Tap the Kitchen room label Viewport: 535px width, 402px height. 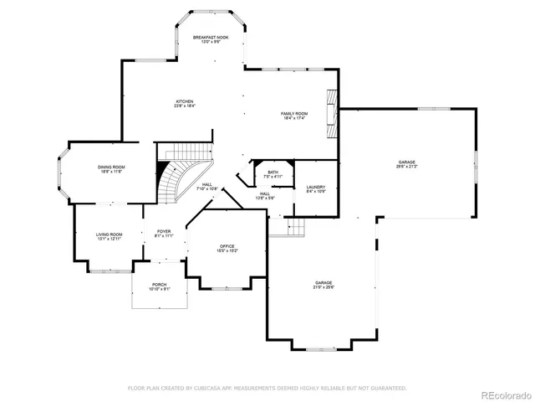coord(184,104)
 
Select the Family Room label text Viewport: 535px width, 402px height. coord(293,116)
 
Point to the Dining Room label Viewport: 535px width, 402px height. coord(112,170)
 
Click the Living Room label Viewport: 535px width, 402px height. coord(109,236)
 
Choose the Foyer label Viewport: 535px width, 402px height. coord(163,234)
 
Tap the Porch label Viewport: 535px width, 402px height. coord(159,286)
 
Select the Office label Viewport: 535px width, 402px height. coord(227,248)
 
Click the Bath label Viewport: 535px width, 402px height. coord(273,173)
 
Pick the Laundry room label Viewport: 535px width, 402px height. coord(315,189)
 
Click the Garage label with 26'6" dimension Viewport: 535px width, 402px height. coord(406,164)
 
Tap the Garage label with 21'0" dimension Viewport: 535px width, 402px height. coord(324,285)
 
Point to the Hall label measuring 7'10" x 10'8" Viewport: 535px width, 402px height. coord(206,187)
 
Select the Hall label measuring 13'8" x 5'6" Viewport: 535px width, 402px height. coord(264,196)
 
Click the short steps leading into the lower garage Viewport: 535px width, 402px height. coord(293,227)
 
